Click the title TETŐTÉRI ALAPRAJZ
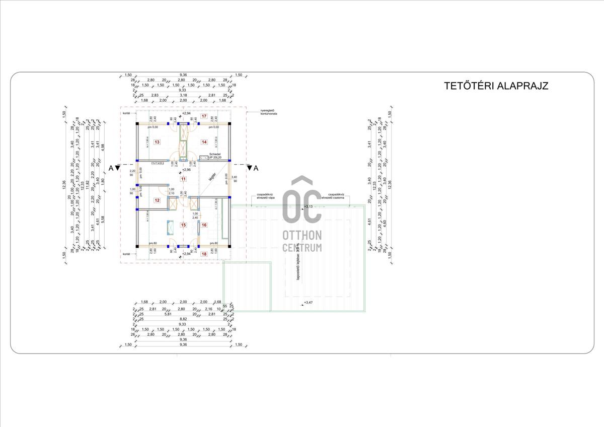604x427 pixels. click(496, 85)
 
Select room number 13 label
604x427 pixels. click(157, 143)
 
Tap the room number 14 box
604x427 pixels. click(204, 143)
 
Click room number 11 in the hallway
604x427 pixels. click(183, 179)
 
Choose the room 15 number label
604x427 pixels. click(183, 225)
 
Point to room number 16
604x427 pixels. click(204, 225)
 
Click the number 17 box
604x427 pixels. click(204, 116)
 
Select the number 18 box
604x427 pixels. click(204, 254)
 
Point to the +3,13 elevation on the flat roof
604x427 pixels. click(308, 206)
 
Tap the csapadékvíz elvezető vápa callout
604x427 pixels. click(265, 195)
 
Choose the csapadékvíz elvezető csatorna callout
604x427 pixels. click(337, 195)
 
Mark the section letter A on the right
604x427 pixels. click(256, 168)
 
